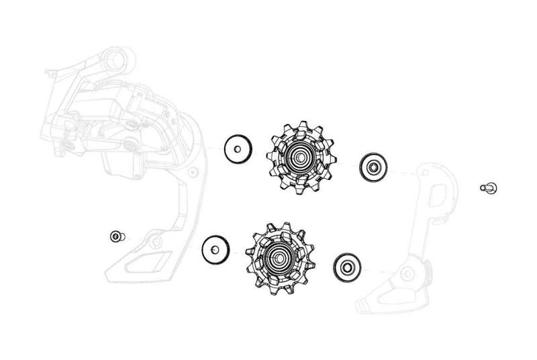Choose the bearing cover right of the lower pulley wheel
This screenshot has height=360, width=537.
346,267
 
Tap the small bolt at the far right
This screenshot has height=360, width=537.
488,187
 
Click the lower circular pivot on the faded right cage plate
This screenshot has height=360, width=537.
407,273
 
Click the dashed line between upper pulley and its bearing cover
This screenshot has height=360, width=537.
346,163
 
